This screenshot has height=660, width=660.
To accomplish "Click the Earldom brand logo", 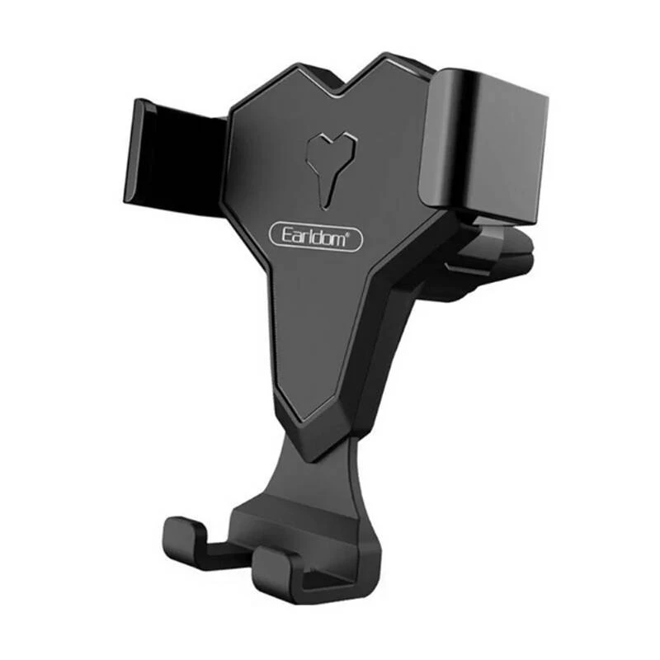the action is [316, 237].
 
